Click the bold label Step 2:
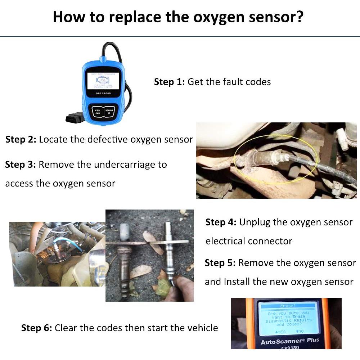[21, 139]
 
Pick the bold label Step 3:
[21, 165]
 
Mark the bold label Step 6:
[37, 328]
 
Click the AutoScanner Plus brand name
[290, 341]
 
